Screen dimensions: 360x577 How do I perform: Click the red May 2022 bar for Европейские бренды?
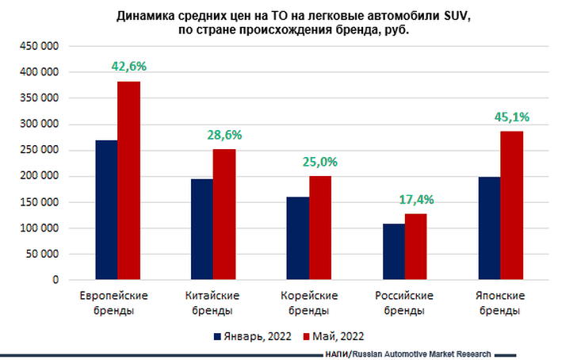tap(128, 181)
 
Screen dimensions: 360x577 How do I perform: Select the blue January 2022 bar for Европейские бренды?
tap(106, 210)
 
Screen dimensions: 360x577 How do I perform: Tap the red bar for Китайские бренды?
tap(224, 214)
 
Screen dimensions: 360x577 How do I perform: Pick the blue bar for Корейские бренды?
tap(298, 238)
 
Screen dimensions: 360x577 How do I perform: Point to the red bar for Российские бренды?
tap(416, 247)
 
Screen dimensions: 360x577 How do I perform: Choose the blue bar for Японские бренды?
tap(489, 228)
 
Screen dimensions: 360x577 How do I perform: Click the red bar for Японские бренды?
tap(512, 205)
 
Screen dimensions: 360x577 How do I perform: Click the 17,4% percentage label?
tap(416, 199)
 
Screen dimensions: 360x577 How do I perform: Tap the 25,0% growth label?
tap(320, 162)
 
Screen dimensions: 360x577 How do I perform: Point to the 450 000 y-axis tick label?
tap(40, 46)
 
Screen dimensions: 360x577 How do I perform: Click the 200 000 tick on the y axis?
tap(40, 176)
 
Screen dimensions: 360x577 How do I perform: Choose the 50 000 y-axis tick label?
tap(43, 255)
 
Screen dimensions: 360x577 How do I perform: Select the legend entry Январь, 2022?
tap(253, 336)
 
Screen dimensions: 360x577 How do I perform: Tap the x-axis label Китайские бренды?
tap(212, 303)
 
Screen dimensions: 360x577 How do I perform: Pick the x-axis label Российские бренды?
tap(404, 303)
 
